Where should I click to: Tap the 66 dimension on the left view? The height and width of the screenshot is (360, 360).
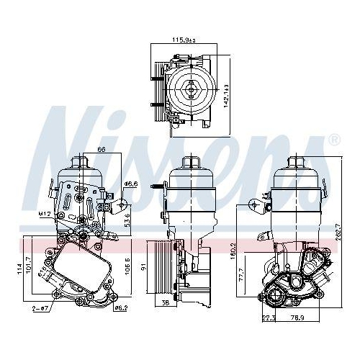pyautogui.click(x=102, y=149)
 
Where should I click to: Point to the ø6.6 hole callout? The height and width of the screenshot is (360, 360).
pyautogui.click(x=130, y=184)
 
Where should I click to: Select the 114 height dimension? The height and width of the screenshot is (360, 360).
pyautogui.click(x=10, y=270)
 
